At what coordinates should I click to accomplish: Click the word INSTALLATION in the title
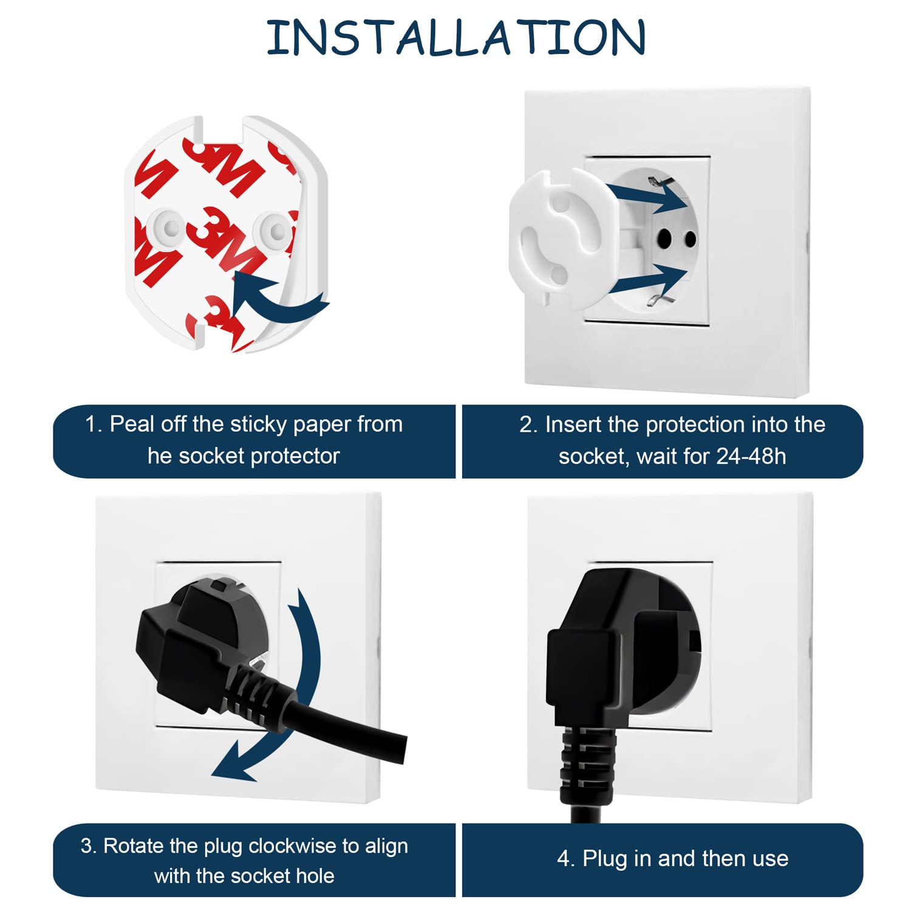(455, 38)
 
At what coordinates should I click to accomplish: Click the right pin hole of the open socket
(690, 239)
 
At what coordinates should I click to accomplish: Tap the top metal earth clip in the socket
(656, 180)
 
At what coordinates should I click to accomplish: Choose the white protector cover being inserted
(559, 237)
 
